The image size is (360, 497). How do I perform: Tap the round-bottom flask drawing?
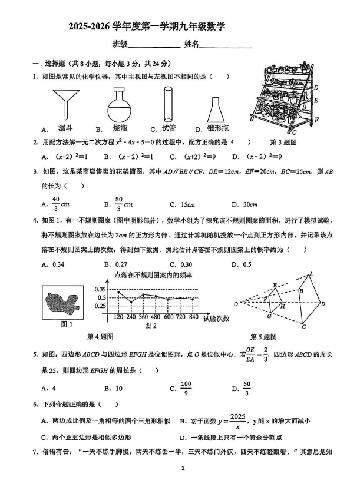click(121, 104)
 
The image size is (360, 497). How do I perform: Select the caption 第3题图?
click(283, 142)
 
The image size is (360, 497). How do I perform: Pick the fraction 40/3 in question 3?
click(56, 203)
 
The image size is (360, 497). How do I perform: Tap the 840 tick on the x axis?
click(194, 317)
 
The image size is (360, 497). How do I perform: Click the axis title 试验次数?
click(216, 319)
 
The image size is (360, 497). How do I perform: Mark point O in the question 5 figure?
click(236, 304)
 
